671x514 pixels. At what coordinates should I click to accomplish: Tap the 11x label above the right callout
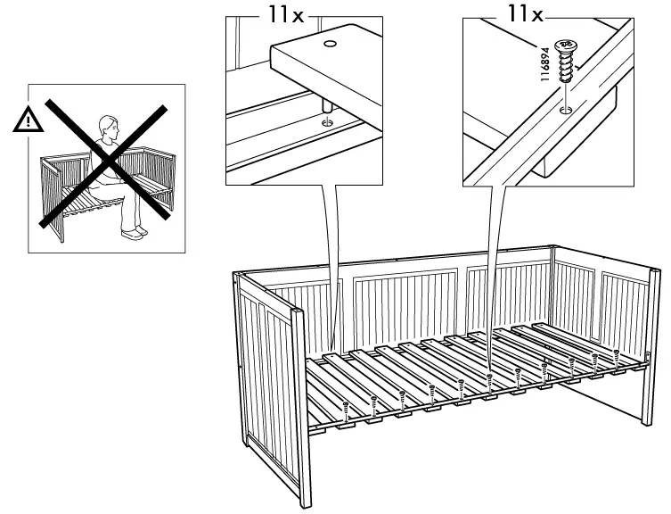[x=523, y=14]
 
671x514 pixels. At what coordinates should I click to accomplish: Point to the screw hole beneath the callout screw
[x=565, y=111]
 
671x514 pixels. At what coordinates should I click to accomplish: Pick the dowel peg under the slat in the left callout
[x=326, y=116]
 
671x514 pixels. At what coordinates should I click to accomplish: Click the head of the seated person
[x=109, y=125]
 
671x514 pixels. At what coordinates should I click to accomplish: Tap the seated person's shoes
[x=134, y=233]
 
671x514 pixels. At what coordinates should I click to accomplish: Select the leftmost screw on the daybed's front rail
[x=345, y=410]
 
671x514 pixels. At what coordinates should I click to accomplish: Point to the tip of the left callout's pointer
[x=331, y=351]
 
